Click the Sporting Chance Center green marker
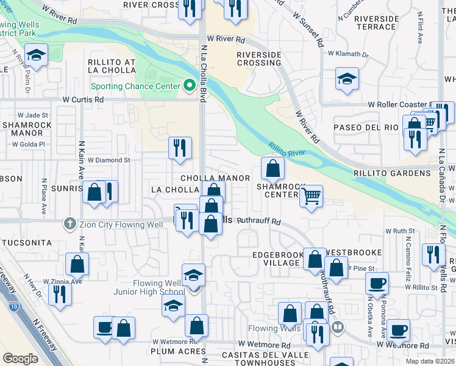(189, 85)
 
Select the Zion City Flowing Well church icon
(71, 224)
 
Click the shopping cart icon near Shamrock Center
(311, 196)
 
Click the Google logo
(20, 359)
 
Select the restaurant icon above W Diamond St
(180, 148)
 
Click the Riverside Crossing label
(258, 59)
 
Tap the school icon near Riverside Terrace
(347, 79)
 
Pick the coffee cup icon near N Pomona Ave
(376, 282)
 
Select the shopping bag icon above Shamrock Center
(273, 168)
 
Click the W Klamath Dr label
(348, 54)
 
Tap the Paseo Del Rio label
(365, 127)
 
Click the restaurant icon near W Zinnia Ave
(60, 294)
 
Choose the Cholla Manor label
(215, 178)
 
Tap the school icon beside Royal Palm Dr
(36, 56)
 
